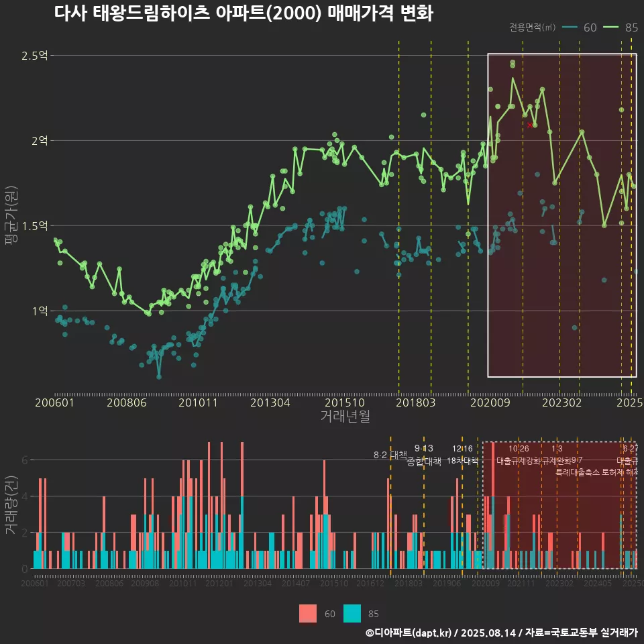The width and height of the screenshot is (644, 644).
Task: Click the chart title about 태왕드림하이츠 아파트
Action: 244,14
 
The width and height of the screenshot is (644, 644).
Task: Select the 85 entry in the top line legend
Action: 630,28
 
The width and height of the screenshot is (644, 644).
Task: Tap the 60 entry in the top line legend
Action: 590,28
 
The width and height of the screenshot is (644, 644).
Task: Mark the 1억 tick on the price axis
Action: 39,311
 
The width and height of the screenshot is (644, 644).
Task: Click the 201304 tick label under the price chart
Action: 270,402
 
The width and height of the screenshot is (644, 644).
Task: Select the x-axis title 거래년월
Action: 345,417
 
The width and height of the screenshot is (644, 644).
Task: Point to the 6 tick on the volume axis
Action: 25,461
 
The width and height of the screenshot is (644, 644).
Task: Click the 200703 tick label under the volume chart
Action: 71,584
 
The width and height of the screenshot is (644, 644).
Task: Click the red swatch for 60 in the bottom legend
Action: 308,613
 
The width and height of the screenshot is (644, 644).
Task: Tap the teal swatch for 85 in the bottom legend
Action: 352,613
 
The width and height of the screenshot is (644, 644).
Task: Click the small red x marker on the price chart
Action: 530,125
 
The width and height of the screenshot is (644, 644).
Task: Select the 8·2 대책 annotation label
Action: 390,455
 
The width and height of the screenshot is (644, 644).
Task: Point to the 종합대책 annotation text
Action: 424,462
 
